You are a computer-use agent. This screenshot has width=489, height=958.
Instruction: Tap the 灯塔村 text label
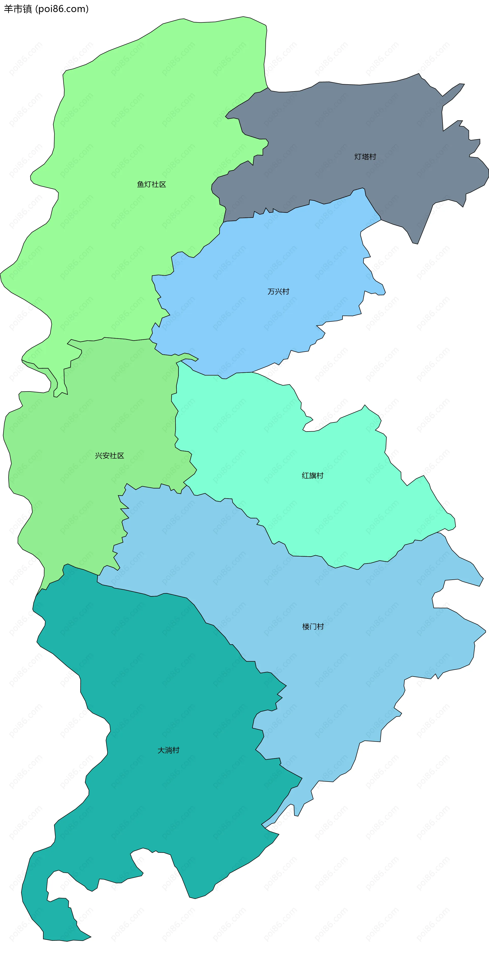tap(365, 157)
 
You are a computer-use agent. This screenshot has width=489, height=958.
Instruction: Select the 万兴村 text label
tap(278, 291)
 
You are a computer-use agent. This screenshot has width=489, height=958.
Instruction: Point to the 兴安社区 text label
tap(110, 455)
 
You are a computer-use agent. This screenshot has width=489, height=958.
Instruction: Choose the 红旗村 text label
tap(313, 475)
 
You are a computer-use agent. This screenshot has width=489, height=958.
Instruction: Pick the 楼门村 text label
tap(313, 627)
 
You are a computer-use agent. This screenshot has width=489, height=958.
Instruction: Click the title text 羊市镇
tap(18, 9)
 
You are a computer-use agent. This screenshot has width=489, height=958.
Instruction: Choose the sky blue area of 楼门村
tap(354, 651)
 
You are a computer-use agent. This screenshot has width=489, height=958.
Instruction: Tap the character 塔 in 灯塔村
tap(365, 157)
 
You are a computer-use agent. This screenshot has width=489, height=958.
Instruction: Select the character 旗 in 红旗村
tap(313, 475)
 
